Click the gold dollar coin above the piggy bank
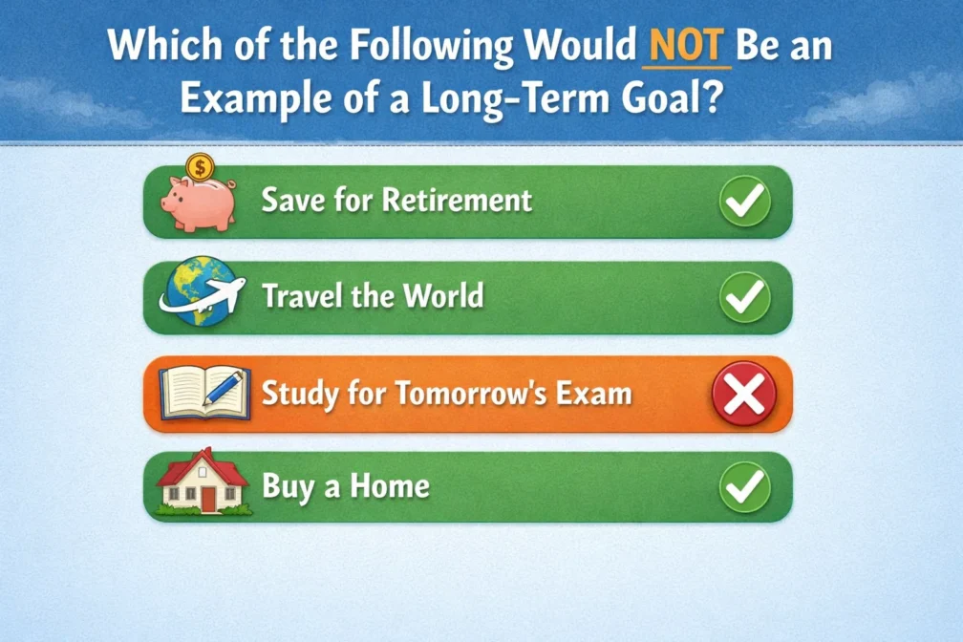[200, 168]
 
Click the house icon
[203, 485]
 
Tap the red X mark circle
[744, 394]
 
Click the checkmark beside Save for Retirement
[744, 201]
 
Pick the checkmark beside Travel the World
[744, 296]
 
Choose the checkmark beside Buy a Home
[744, 487]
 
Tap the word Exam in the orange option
[596, 393]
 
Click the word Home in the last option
[389, 487]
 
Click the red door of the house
[208, 500]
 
